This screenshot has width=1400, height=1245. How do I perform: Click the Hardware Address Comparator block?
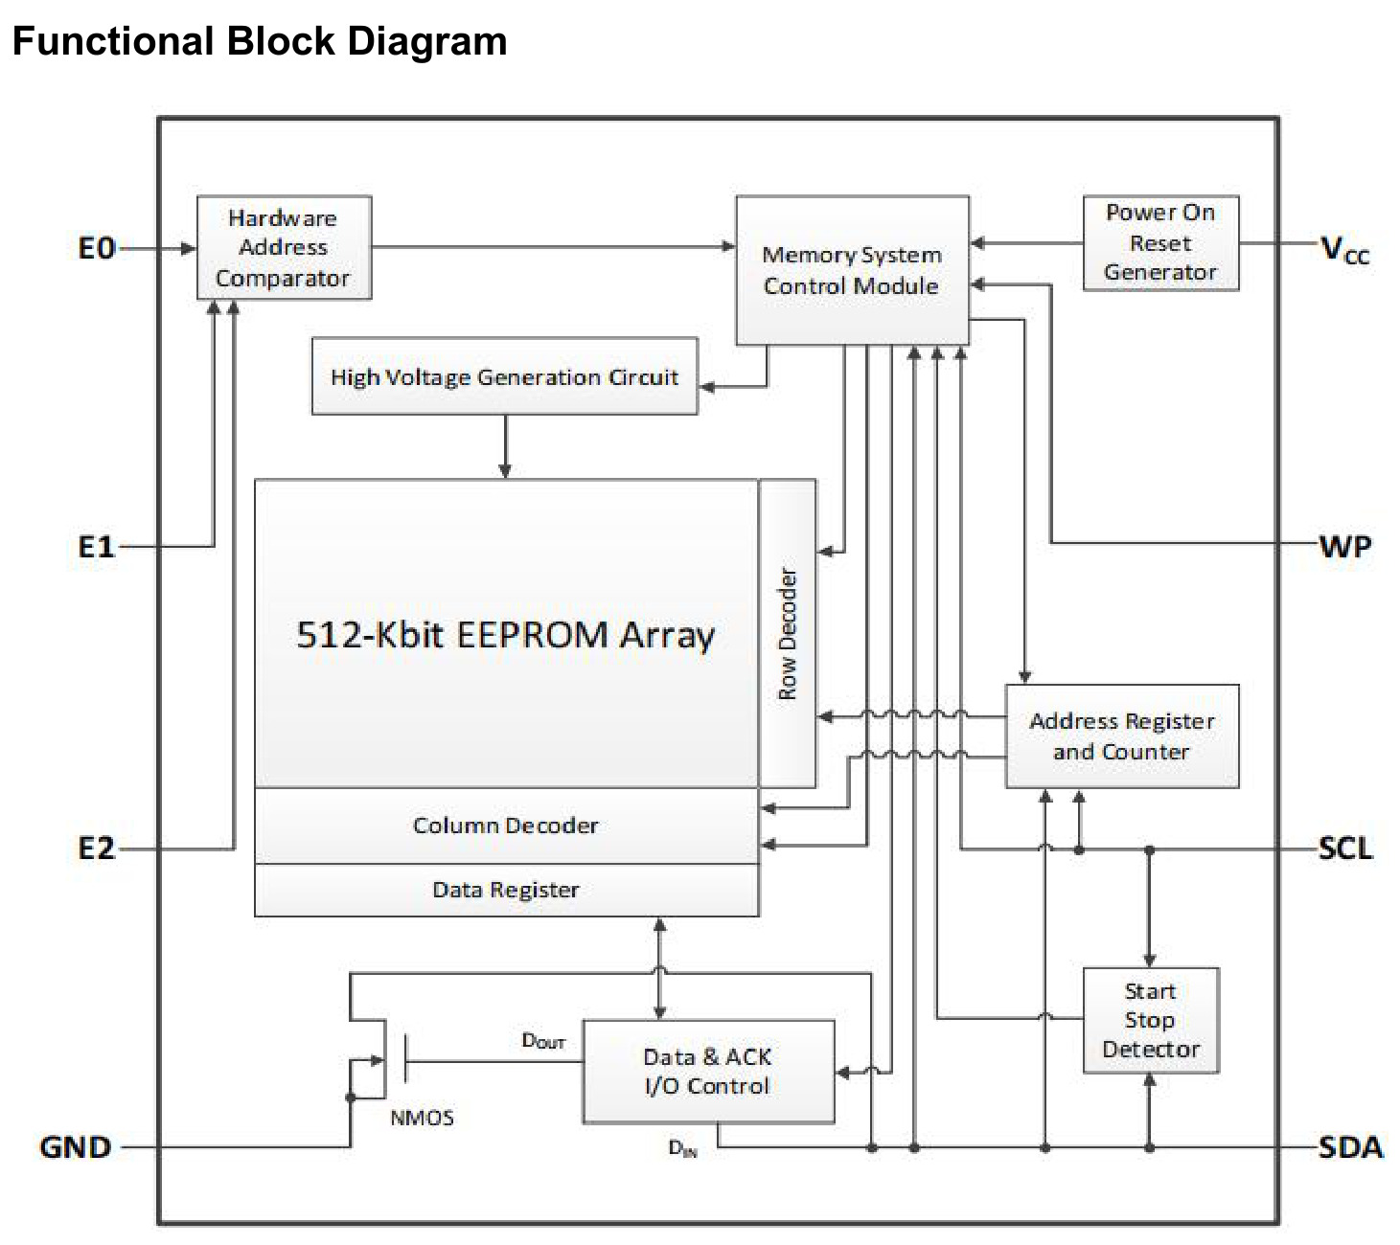[x=284, y=247]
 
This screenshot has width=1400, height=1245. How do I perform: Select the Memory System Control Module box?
[x=852, y=270]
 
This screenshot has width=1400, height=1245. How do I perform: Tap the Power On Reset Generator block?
[x=1160, y=243]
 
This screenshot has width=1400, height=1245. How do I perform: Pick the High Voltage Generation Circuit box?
[x=504, y=376]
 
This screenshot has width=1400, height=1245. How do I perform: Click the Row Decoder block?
[x=787, y=633]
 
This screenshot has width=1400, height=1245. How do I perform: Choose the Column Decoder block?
[x=507, y=826]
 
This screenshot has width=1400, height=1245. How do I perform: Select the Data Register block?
[x=507, y=890]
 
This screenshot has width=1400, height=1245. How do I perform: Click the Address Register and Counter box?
[x=1121, y=736]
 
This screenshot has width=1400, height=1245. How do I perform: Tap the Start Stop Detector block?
[x=1151, y=1021]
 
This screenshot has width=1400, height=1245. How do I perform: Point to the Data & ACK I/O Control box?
[x=708, y=1072]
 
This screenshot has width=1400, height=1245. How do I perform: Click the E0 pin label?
[x=96, y=249]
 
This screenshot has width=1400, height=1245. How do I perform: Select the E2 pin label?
[x=96, y=849]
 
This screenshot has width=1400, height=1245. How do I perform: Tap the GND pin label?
[x=76, y=1147]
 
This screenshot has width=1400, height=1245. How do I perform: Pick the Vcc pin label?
[x=1344, y=249]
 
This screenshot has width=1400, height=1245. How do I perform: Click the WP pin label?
[x=1345, y=547]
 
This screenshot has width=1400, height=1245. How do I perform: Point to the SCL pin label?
[x=1345, y=849]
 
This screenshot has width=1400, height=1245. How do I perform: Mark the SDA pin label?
[x=1350, y=1147]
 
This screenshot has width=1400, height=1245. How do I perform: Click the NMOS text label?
[x=423, y=1118]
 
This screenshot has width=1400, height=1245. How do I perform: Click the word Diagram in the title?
[x=427, y=41]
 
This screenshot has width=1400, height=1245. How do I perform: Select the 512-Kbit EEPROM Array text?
[x=505, y=635]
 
